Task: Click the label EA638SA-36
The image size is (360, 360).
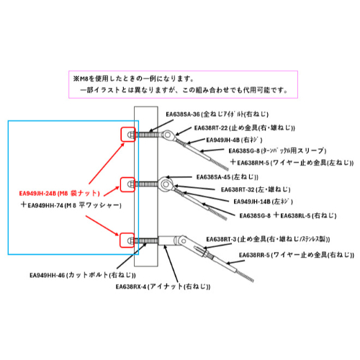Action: (183, 114)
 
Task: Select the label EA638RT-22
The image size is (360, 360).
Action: (211, 128)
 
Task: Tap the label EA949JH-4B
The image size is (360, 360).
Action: (223, 140)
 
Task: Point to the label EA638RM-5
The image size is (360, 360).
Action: (253, 163)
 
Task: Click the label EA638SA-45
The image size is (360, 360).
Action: (213, 177)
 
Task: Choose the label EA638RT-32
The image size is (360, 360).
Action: (238, 190)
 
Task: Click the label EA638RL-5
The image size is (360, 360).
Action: (295, 216)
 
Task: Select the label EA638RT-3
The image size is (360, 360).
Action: (221, 239)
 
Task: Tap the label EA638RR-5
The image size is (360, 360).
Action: (254, 255)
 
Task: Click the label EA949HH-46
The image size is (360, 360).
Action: (48, 275)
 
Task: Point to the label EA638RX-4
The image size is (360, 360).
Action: (131, 287)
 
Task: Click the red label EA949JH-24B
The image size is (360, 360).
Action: (37, 194)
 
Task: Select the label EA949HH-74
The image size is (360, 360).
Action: (45, 205)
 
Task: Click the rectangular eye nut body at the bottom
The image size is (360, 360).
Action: (166, 240)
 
